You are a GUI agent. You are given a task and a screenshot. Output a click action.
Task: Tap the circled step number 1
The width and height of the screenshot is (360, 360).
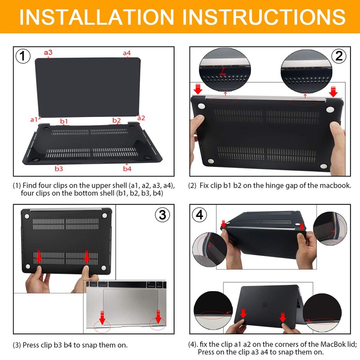pyautogui.click(x=23, y=56)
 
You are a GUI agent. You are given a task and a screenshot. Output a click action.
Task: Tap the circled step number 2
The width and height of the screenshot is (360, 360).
pyautogui.click(x=339, y=56)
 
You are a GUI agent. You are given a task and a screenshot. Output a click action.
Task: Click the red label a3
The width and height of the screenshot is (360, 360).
pyautogui.click(x=48, y=52)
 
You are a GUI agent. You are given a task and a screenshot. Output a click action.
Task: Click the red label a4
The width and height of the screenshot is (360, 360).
pyautogui.click(x=127, y=53)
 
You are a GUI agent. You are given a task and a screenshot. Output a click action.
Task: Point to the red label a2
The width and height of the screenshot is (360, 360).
pyautogui.click(x=141, y=118)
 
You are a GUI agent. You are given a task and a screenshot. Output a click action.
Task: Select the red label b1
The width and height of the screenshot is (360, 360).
pyautogui.click(x=64, y=121)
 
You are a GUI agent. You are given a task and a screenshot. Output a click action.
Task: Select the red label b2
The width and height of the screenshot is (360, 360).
pyautogui.click(x=117, y=120)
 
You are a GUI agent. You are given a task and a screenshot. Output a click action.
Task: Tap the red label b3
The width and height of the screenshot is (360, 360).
pyautogui.click(x=58, y=169)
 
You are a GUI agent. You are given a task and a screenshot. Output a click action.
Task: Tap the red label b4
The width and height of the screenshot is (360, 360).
pyautogui.click(x=127, y=169)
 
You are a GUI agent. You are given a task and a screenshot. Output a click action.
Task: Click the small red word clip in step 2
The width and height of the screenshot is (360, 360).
pyautogui.click(x=222, y=73)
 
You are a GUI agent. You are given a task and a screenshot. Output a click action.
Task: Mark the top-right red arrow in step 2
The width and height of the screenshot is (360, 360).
pyautogui.click(x=333, y=91)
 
